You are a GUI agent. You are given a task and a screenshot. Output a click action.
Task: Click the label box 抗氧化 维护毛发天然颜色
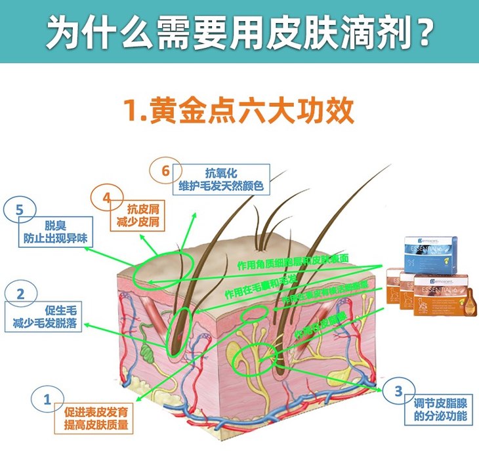click(220, 180)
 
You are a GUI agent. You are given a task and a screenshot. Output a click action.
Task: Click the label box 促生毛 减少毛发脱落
click(47, 316)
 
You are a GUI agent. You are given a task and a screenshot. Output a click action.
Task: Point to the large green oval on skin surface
click(164, 270)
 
